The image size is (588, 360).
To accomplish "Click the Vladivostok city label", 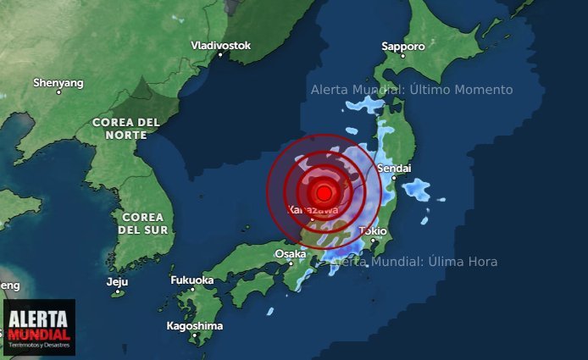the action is click(220, 45).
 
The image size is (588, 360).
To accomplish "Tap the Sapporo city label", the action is click(402, 46).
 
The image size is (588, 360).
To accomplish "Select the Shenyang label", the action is click(58, 83).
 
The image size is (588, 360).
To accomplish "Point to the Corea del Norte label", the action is click(125, 128).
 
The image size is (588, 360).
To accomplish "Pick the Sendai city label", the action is click(394, 169).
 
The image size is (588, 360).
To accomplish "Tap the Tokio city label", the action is click(373, 230).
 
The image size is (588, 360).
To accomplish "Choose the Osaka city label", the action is click(290, 253).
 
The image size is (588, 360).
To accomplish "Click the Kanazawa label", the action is click(313, 209).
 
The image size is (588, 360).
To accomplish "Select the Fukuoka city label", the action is click(191, 280).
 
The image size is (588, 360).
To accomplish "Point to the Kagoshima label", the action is click(196, 325).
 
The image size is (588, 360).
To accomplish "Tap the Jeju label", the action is click(117, 282).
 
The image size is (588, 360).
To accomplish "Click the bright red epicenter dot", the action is click(323, 192).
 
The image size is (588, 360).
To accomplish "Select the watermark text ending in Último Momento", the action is click(411, 90).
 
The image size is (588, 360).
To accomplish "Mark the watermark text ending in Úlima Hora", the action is click(415, 262).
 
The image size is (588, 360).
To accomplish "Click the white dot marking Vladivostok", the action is click(220, 55).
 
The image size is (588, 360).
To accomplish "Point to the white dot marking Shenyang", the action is click(58, 93).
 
